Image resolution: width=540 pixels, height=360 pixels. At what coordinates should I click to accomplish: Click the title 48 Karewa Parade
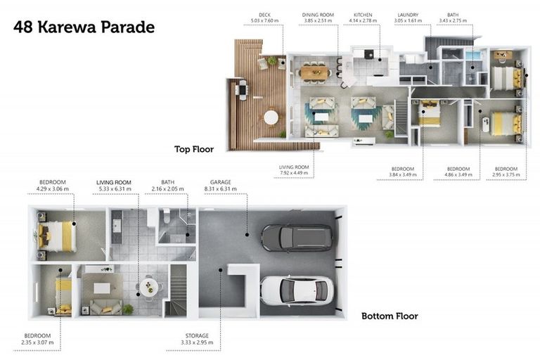pos(84,27)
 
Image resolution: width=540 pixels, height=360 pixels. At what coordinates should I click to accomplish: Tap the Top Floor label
pos(194,149)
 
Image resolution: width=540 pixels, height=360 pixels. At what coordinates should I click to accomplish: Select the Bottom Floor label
pos(390,316)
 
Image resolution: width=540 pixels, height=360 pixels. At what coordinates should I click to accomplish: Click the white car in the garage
pos(297,290)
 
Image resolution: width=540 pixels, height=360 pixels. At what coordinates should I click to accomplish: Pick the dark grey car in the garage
pos(297,238)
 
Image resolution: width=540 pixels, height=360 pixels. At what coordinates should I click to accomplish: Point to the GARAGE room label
pos(220,182)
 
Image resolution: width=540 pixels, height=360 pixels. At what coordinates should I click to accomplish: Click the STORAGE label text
pos(197,335)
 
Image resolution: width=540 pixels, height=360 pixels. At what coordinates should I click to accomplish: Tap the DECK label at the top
pos(264,15)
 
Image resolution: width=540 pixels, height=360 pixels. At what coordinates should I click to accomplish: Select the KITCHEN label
pos(363,15)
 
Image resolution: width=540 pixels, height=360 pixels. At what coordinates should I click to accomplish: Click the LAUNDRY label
pos(408,15)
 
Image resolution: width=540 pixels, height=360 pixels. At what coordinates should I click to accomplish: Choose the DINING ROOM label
pos(318,15)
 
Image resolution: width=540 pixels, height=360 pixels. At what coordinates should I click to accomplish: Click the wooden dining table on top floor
pos(314,72)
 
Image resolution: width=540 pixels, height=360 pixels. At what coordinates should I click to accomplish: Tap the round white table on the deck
pos(271,117)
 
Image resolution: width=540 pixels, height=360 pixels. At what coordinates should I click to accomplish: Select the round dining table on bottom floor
pos(149,287)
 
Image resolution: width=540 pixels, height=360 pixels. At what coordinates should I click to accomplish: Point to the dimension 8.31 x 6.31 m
pos(220,188)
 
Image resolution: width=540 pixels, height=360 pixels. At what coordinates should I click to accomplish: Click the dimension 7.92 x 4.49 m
pos(294,173)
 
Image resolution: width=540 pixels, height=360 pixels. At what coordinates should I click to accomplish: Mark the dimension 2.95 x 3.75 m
pos(506,174)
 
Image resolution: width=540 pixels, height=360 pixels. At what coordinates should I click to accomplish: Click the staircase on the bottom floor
pos(177,291)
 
